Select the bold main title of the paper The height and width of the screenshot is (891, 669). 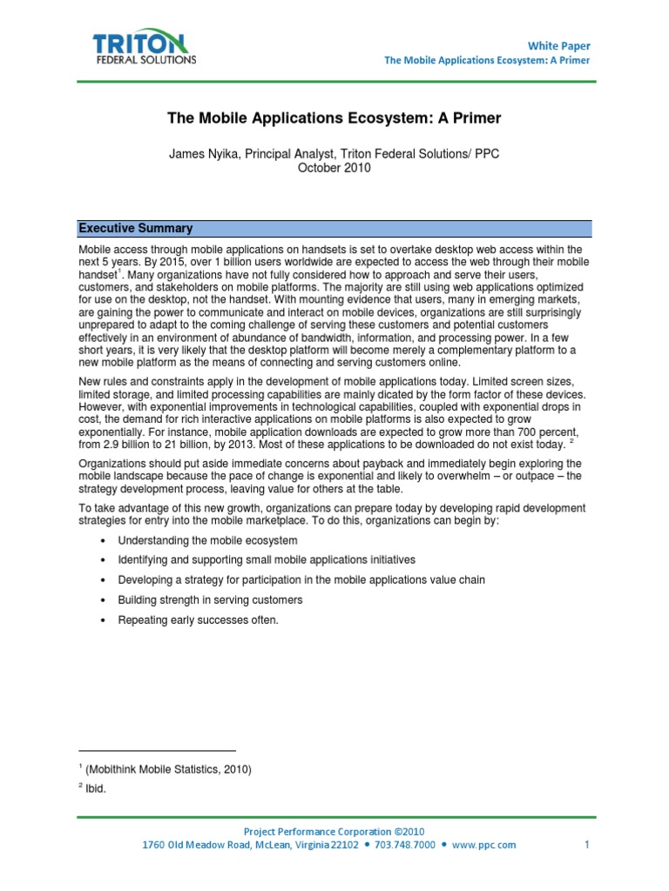(334, 117)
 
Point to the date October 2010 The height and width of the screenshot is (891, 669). (334, 168)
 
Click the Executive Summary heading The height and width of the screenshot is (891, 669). (136, 229)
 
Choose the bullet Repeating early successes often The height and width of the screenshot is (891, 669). (199, 620)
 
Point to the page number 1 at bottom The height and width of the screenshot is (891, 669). (587, 844)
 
